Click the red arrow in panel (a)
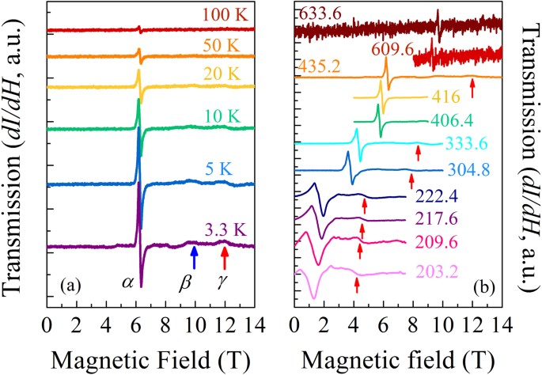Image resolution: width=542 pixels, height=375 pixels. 225,258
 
